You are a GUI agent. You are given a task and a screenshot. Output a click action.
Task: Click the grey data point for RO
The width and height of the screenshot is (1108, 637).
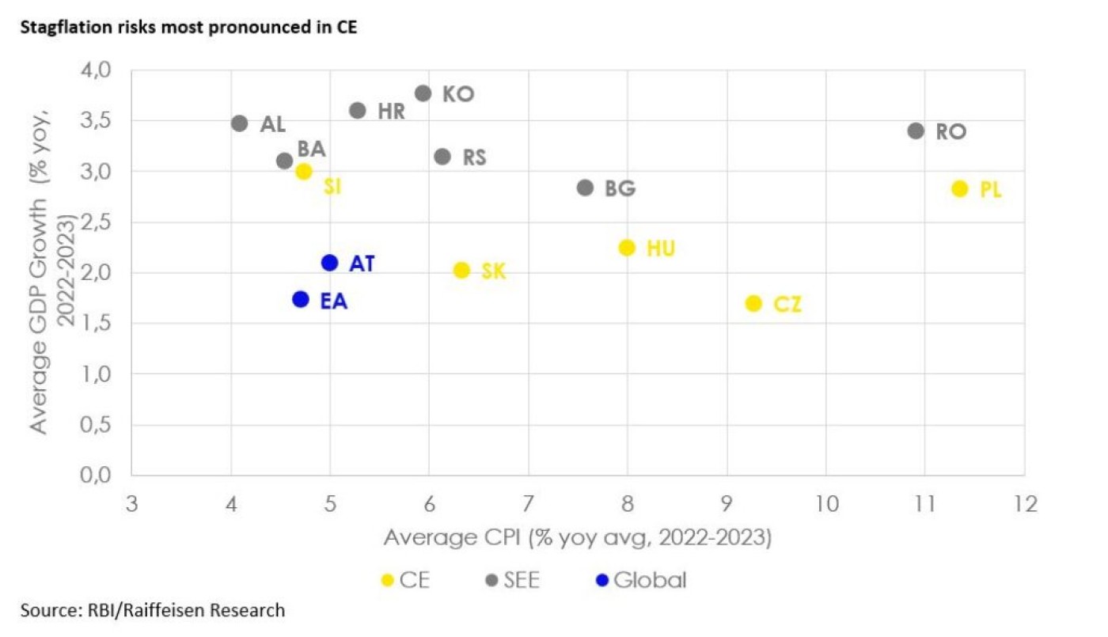916,131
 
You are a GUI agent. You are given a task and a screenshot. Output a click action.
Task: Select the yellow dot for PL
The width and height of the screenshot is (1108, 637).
960,188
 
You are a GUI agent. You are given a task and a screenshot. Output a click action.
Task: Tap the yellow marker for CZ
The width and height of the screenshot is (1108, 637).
753,303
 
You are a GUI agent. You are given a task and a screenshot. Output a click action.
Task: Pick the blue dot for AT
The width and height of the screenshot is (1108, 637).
330,263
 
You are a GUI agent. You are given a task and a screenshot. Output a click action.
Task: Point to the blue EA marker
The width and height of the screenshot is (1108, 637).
300,299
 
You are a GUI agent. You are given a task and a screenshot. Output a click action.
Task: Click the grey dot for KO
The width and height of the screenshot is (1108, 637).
423,93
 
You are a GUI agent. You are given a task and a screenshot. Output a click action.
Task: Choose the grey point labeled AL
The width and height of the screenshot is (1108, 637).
240,123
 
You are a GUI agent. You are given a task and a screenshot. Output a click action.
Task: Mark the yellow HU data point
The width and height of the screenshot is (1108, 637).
627,248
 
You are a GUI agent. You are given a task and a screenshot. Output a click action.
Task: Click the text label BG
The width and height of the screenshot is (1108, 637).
620,189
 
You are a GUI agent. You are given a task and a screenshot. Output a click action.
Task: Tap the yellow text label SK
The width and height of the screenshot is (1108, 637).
493,271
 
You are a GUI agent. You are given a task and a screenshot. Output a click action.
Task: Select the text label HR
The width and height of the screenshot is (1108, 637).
391,112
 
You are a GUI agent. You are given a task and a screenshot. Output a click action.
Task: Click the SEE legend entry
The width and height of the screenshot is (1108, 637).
513,580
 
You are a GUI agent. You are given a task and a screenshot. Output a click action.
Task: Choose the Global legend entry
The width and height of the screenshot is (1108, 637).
641,580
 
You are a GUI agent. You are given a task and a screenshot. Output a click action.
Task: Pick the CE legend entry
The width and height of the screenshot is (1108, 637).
406,580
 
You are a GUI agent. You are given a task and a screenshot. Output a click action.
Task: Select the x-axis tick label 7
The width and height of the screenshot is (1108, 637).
528,503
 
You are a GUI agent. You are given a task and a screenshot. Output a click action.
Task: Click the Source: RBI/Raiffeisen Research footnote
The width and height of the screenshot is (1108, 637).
152,610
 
